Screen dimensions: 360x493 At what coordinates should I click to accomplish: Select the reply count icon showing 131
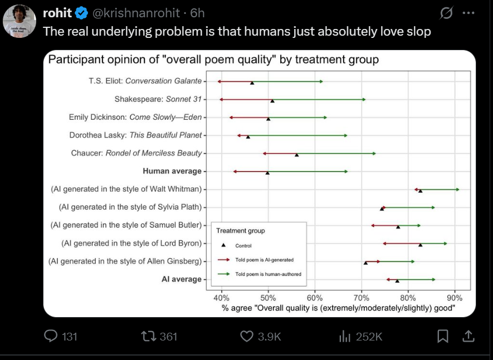(x=51, y=335)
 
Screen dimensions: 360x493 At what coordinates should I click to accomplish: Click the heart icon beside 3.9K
(x=247, y=335)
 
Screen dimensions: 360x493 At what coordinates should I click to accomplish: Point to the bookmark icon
(x=443, y=335)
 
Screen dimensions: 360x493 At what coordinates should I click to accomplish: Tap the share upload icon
(x=468, y=335)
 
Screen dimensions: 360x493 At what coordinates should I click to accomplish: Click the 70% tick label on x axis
(x=362, y=297)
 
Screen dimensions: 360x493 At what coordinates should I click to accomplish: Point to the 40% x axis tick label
(x=222, y=297)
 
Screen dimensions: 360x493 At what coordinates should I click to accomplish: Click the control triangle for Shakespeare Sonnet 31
(x=272, y=101)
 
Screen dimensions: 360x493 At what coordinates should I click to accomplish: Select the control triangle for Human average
(x=267, y=173)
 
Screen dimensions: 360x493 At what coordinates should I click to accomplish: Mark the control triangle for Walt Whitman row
(x=420, y=191)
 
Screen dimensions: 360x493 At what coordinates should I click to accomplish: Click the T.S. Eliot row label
(x=145, y=81)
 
